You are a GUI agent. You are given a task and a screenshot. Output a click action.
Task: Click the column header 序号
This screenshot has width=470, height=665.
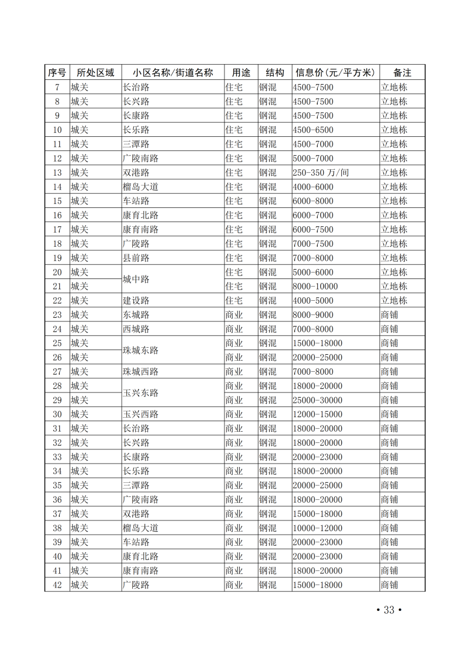tap(57, 73)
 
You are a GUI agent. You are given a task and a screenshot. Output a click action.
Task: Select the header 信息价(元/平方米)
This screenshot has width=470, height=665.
tap(335, 73)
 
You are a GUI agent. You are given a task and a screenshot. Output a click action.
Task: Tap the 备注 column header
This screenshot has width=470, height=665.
tap(402, 73)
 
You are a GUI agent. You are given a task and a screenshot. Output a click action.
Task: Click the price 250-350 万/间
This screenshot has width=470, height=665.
tap(321, 173)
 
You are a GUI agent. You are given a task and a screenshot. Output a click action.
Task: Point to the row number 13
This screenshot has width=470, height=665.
tap(57, 173)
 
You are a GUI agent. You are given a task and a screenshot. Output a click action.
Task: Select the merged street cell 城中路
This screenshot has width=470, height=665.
tap(136, 280)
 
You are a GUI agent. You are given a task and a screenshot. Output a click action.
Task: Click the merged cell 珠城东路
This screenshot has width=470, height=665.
tap(141, 351)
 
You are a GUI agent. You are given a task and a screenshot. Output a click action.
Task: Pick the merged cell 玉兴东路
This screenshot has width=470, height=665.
tap(141, 393)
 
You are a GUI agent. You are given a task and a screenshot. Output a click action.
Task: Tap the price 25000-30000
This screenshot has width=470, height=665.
tap(317, 400)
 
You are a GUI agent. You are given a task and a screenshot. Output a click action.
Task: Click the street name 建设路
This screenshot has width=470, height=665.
tap(136, 301)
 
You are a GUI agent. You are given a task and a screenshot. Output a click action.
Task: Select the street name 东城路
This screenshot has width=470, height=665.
tap(136, 315)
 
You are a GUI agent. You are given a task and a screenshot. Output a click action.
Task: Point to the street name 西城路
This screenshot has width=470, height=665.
tap(136, 329)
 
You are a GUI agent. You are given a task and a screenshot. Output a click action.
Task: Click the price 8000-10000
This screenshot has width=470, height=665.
tap(315, 287)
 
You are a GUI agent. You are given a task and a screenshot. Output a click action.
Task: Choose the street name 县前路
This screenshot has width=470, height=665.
tap(136, 258)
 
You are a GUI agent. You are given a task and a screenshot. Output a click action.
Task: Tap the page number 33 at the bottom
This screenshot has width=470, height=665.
tap(388, 610)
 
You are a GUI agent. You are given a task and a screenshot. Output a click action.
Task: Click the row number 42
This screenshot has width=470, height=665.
tap(57, 585)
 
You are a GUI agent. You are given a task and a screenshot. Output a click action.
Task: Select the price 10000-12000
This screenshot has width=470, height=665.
tap(317, 528)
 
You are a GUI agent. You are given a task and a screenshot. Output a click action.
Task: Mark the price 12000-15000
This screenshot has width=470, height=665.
tap(317, 414)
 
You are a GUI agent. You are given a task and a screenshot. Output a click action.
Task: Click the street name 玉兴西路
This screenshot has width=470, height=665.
tap(141, 414)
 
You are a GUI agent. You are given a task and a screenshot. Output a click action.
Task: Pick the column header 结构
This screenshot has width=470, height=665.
tap(275, 73)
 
